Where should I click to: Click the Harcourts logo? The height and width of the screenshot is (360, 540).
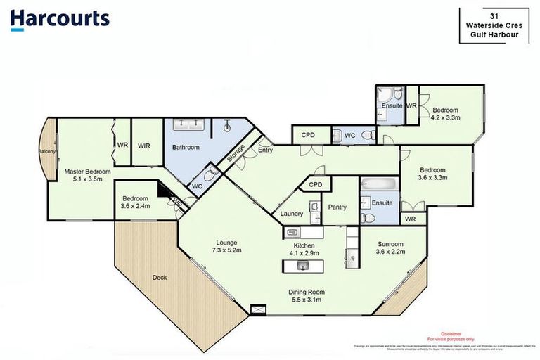(60, 19)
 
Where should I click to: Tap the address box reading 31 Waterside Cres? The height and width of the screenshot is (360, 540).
(494, 26)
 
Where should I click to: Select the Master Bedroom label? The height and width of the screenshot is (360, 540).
(86, 175)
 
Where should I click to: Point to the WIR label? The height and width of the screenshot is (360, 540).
(143, 146)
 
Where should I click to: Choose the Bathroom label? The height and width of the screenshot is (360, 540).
(186, 148)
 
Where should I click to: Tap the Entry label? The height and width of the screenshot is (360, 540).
(265, 150)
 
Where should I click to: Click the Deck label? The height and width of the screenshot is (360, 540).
(160, 277)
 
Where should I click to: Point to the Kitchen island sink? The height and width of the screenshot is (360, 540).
(303, 266)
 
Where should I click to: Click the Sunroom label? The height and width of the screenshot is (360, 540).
(390, 247)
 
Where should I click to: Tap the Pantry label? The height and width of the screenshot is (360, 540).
(337, 207)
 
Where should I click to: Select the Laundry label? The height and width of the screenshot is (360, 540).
(291, 214)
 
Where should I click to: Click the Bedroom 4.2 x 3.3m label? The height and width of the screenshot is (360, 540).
(445, 114)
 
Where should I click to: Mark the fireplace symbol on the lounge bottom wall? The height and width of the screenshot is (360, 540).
(259, 308)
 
